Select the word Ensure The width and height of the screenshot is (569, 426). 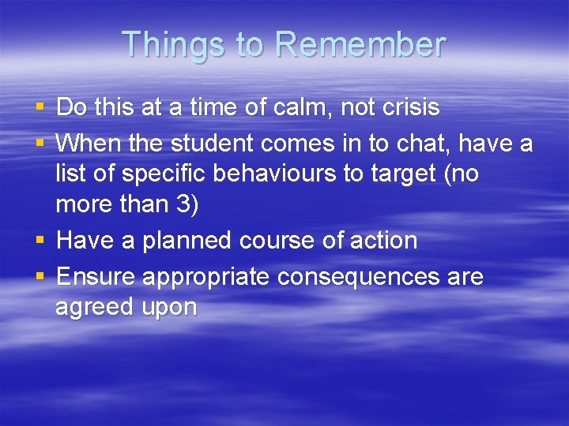point(96,277)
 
